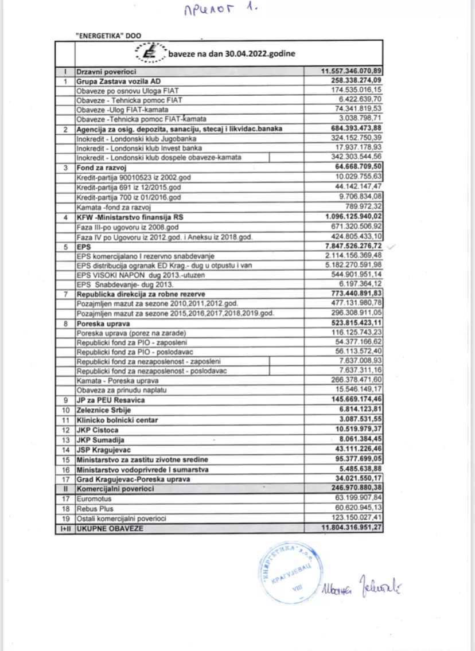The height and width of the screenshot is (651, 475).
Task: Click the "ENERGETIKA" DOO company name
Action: click(x=108, y=35)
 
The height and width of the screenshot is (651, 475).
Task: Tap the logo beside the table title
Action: click(x=148, y=53)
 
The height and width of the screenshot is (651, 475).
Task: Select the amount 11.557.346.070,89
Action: click(x=352, y=71)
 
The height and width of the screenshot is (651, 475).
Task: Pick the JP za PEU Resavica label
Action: click(x=111, y=400)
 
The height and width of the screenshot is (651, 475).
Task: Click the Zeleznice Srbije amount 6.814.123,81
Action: click(x=359, y=410)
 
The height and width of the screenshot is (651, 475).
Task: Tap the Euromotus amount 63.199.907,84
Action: click(x=358, y=498)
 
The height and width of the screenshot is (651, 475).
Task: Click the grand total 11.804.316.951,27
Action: click(x=352, y=528)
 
